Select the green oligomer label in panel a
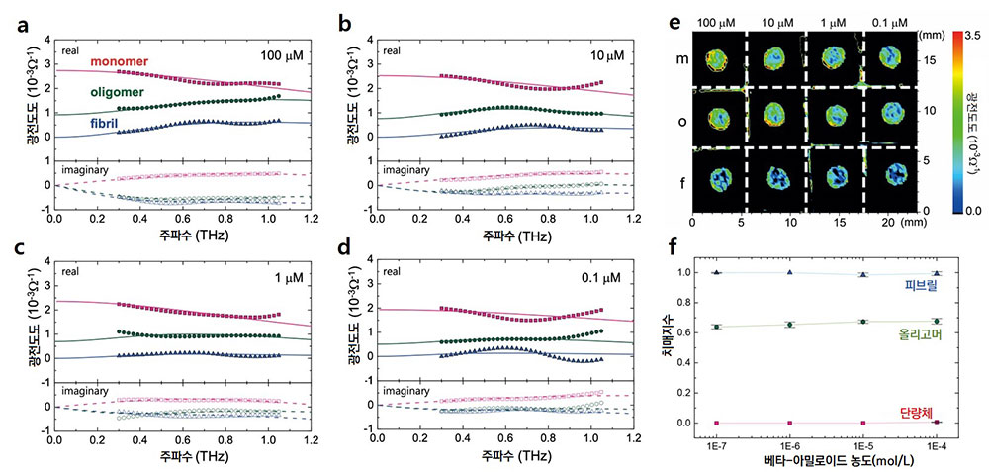point(118,92)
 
